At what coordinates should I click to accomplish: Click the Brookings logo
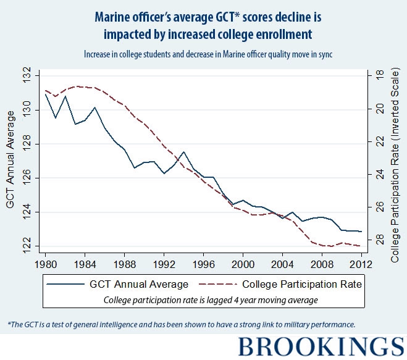[321, 346]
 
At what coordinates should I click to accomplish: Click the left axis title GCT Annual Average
[10, 161]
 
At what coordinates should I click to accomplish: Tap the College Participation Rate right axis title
[396, 161]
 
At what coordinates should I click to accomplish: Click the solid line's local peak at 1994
[183, 152]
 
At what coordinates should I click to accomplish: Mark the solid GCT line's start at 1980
[46, 94]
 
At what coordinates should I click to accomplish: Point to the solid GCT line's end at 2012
[361, 232]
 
